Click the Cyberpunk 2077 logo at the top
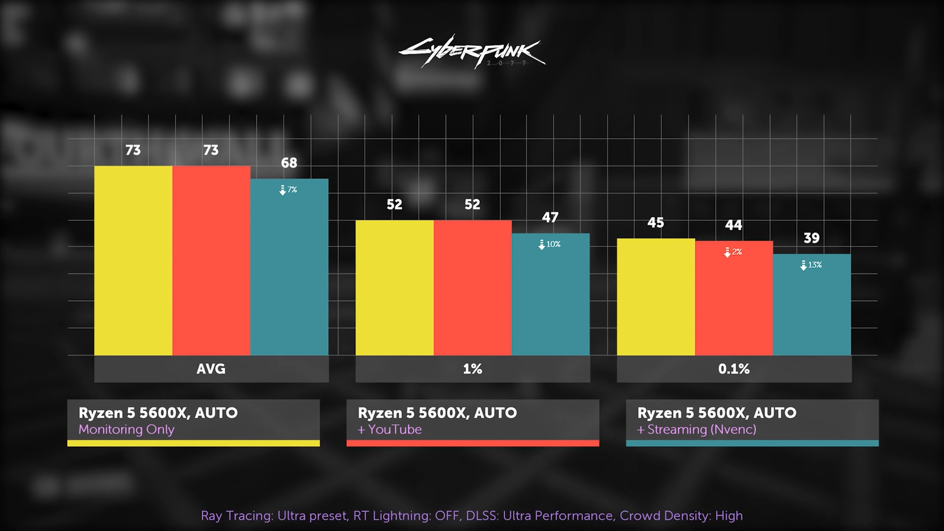[472, 52]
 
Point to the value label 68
[289, 163]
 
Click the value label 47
[550, 218]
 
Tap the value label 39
[811, 238]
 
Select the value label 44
[733, 225]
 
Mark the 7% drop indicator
[289, 190]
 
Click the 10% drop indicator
[550, 244]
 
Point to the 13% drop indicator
[811, 265]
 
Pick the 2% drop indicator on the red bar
[733, 252]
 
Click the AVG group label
[211, 369]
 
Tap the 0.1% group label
[733, 369]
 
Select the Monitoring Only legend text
[126, 430]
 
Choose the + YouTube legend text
[390, 430]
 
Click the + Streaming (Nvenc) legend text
[697, 430]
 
